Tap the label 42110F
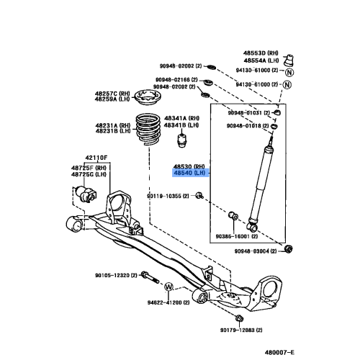click(x=94, y=157)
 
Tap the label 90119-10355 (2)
click(x=170, y=196)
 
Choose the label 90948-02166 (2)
click(x=175, y=80)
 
